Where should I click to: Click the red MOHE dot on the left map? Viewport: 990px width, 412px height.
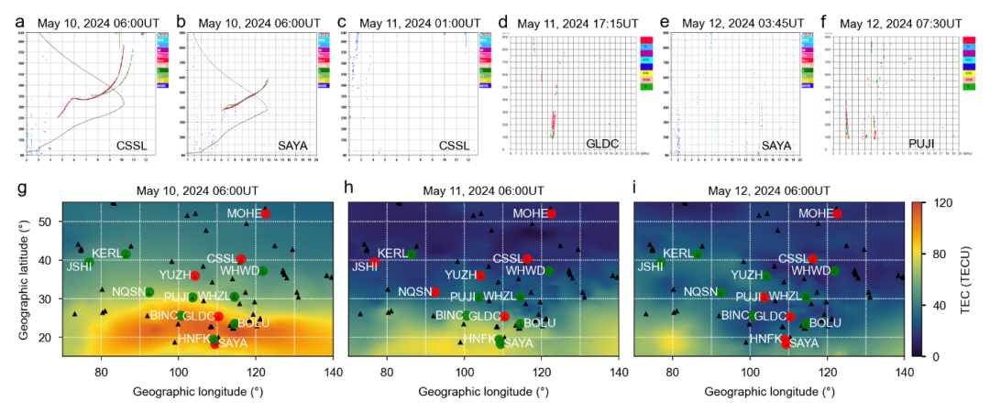[x=266, y=213]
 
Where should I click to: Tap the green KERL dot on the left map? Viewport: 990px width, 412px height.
[x=126, y=254]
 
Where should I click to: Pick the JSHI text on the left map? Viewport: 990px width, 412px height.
[x=78, y=266]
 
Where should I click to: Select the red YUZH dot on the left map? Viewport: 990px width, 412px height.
[x=194, y=275]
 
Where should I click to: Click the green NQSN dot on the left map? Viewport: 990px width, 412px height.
[x=149, y=292]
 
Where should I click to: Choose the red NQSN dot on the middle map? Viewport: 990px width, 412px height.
[x=435, y=292]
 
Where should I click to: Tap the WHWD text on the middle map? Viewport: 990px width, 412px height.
[x=524, y=270]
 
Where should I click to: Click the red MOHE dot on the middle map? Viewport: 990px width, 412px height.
[x=552, y=213]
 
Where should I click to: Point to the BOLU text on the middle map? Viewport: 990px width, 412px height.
[x=540, y=322]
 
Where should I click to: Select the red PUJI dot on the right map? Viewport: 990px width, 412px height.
[x=765, y=297]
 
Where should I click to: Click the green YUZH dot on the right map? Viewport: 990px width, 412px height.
[x=766, y=275]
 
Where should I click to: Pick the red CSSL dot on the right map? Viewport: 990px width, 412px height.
[x=813, y=259]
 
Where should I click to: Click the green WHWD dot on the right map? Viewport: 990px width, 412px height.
[x=835, y=270]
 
